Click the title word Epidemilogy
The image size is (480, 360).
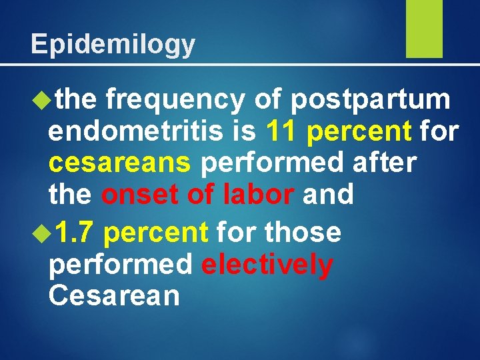click(x=113, y=44)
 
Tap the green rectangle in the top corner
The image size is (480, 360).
click(x=424, y=29)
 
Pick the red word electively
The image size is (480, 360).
click(x=267, y=265)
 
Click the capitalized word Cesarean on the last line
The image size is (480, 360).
click(x=114, y=296)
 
